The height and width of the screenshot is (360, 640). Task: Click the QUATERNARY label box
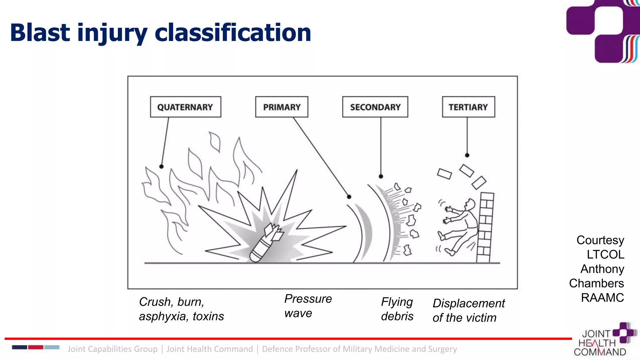185,107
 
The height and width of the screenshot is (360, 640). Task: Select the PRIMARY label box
282,107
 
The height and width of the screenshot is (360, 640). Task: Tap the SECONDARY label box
375,107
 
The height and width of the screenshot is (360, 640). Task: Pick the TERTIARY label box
468,107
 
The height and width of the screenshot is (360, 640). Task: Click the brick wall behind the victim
485,228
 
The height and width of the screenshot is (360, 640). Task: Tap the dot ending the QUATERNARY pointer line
162,167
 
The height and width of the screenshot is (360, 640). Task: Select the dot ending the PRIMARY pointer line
349,197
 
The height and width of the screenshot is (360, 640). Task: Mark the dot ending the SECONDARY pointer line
381,177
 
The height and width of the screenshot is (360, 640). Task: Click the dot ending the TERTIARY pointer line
467,155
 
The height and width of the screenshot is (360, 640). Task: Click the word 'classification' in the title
233,33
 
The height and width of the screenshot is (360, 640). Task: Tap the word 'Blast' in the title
40,33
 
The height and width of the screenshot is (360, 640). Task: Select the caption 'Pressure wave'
307,306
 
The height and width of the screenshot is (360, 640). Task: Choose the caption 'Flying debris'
397,309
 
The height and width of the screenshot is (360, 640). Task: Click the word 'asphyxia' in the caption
162,317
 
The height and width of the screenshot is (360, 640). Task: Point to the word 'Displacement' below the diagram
468,303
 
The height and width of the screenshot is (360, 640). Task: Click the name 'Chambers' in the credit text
596,283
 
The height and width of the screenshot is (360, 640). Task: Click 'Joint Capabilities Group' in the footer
112,349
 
